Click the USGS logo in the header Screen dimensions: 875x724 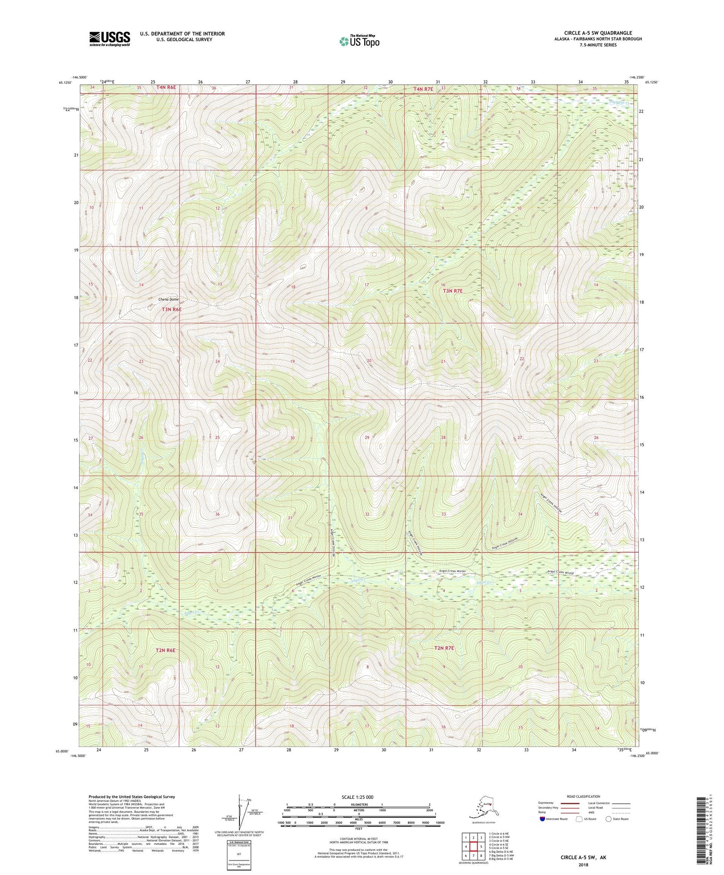109,39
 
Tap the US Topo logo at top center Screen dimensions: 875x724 359,41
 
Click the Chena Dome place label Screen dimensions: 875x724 168,300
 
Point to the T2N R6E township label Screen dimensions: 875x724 165,650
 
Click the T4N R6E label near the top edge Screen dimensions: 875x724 166,87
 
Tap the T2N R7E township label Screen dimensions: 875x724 443,648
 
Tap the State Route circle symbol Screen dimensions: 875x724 609,819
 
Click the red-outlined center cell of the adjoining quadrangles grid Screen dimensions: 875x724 473,846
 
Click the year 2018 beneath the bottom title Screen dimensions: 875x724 583,864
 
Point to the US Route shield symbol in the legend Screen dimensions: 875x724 580,819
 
